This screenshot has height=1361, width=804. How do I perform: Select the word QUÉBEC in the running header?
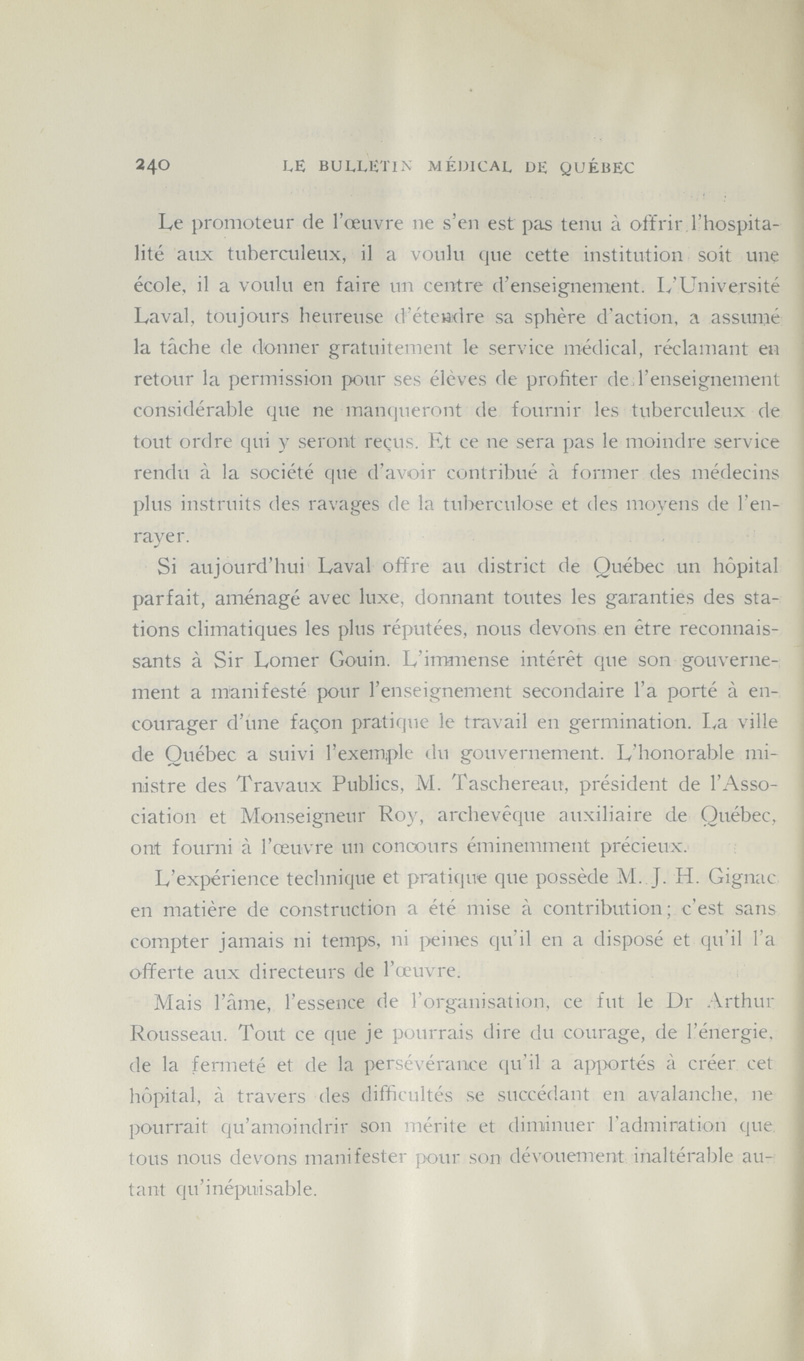596,168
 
